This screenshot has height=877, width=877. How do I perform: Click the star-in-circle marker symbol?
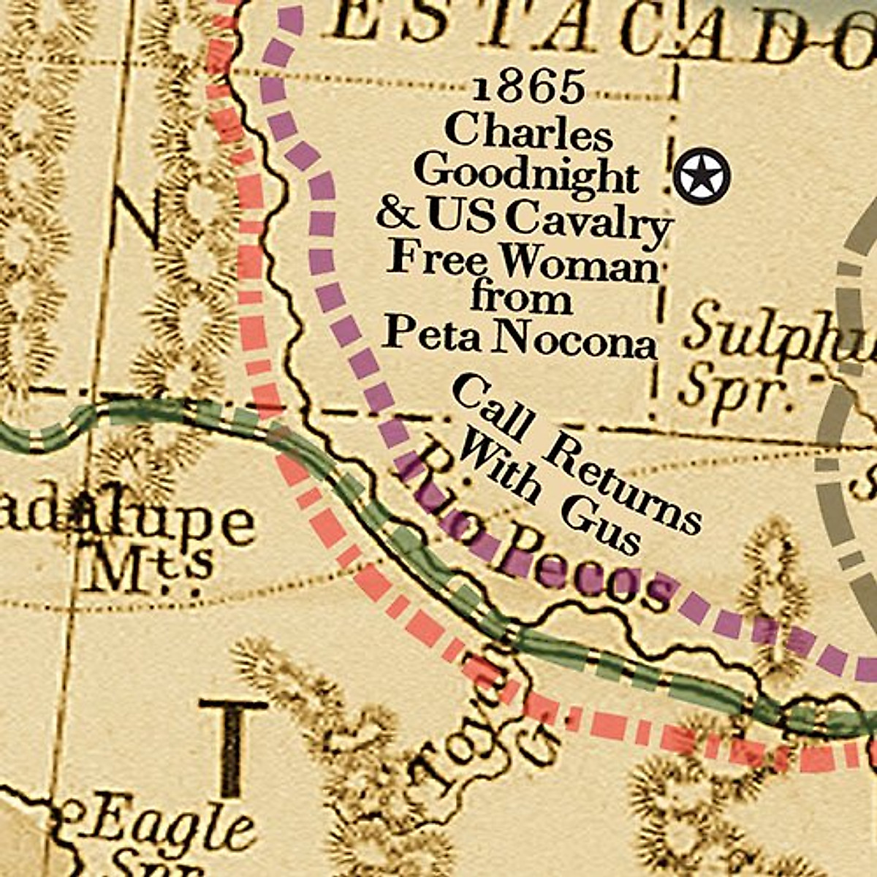(702, 176)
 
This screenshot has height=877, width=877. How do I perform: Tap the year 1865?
(528, 88)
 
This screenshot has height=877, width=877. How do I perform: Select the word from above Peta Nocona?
(520, 300)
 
